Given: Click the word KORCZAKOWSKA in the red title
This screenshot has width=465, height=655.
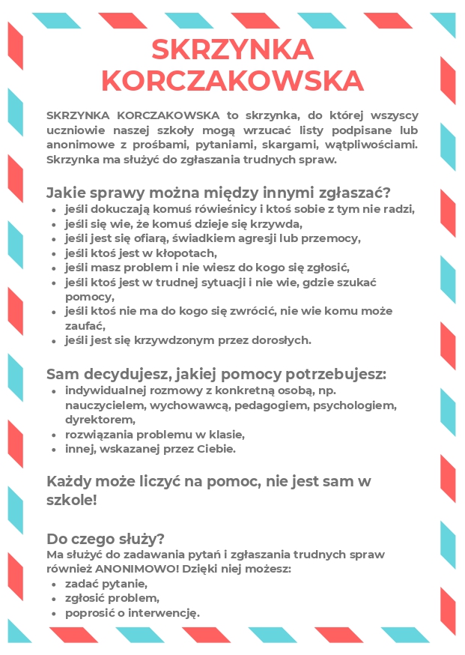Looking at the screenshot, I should (x=232, y=80).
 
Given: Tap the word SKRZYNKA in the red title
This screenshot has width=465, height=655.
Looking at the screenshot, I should (x=232, y=49).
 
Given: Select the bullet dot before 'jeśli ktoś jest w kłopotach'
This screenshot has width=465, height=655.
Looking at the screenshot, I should (x=54, y=253).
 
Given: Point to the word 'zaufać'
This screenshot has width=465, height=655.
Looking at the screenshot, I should (x=85, y=325).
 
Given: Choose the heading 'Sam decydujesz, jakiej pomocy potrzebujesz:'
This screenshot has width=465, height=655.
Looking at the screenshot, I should (x=216, y=374).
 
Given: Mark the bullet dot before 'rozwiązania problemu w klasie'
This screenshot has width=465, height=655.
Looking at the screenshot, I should (x=54, y=435).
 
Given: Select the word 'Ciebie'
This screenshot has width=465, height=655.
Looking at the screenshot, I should (x=214, y=449).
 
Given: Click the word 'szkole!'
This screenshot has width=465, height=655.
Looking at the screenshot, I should (x=72, y=500).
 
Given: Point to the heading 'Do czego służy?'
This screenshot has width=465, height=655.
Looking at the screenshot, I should (x=106, y=539).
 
